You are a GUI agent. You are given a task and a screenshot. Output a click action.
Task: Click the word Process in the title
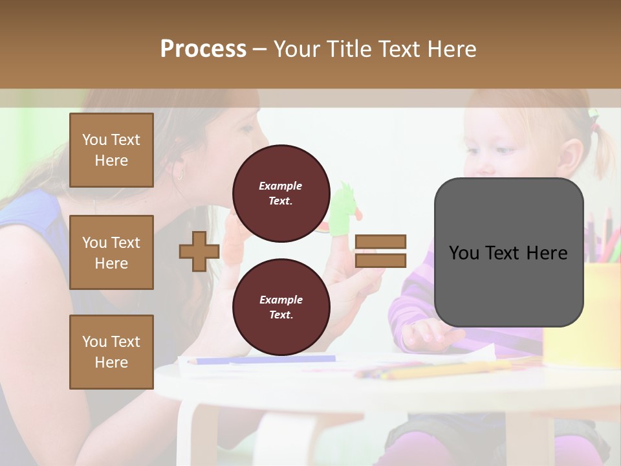pos(203,49)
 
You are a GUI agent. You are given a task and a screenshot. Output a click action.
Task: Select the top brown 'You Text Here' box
pos(111,150)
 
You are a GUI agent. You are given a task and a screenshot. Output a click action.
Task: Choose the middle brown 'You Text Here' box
pos(111,252)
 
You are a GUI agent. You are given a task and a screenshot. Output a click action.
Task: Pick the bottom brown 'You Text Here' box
pos(111,352)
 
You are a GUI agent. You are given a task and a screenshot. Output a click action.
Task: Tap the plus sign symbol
pos(199,251)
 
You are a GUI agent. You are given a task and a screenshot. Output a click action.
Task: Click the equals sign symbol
pos(381,251)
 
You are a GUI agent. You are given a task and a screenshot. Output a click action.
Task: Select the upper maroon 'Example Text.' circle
pos(281,193)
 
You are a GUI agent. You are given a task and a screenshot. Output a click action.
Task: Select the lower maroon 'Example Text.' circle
pos(281,307)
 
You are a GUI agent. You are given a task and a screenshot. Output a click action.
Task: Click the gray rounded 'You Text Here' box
pos(508,252)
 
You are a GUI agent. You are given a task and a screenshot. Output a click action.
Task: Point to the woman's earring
pos(179,173)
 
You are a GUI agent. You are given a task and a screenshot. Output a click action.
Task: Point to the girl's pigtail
pos(605,149)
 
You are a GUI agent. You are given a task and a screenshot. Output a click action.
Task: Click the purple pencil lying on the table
pos(265,360)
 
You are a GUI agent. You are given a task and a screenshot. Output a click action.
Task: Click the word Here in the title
pos(452,49)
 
